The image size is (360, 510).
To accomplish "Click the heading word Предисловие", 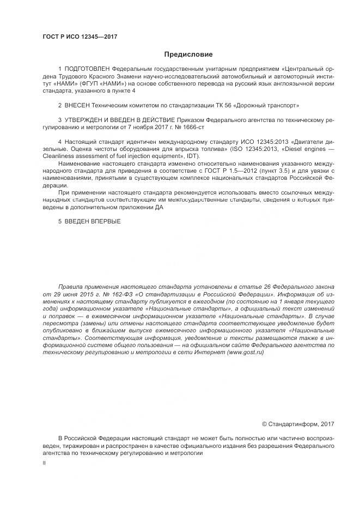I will click(188, 54).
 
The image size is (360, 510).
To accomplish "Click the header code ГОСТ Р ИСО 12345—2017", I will click(80, 37).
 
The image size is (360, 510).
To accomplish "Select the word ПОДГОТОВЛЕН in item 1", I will click(87, 70).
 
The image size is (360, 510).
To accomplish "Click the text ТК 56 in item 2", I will click(224, 104).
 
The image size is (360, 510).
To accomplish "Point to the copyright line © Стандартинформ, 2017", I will click(298, 424).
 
